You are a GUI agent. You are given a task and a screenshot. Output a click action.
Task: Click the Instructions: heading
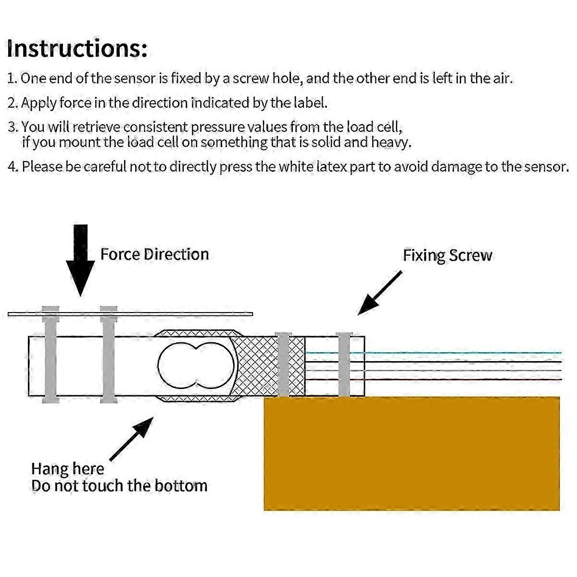(x=77, y=48)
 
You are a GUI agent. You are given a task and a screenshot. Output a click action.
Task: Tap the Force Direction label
(x=154, y=254)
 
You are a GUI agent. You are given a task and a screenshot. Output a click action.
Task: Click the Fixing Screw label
(x=447, y=255)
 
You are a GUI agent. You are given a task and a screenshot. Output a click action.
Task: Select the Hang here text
(x=67, y=469)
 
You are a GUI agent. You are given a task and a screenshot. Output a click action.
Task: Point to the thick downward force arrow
(x=80, y=260)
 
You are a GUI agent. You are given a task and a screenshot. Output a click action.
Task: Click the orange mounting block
(x=412, y=453)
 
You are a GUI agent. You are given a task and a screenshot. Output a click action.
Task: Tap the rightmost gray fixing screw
(x=344, y=364)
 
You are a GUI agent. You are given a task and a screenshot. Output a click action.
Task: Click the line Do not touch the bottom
(x=119, y=486)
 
